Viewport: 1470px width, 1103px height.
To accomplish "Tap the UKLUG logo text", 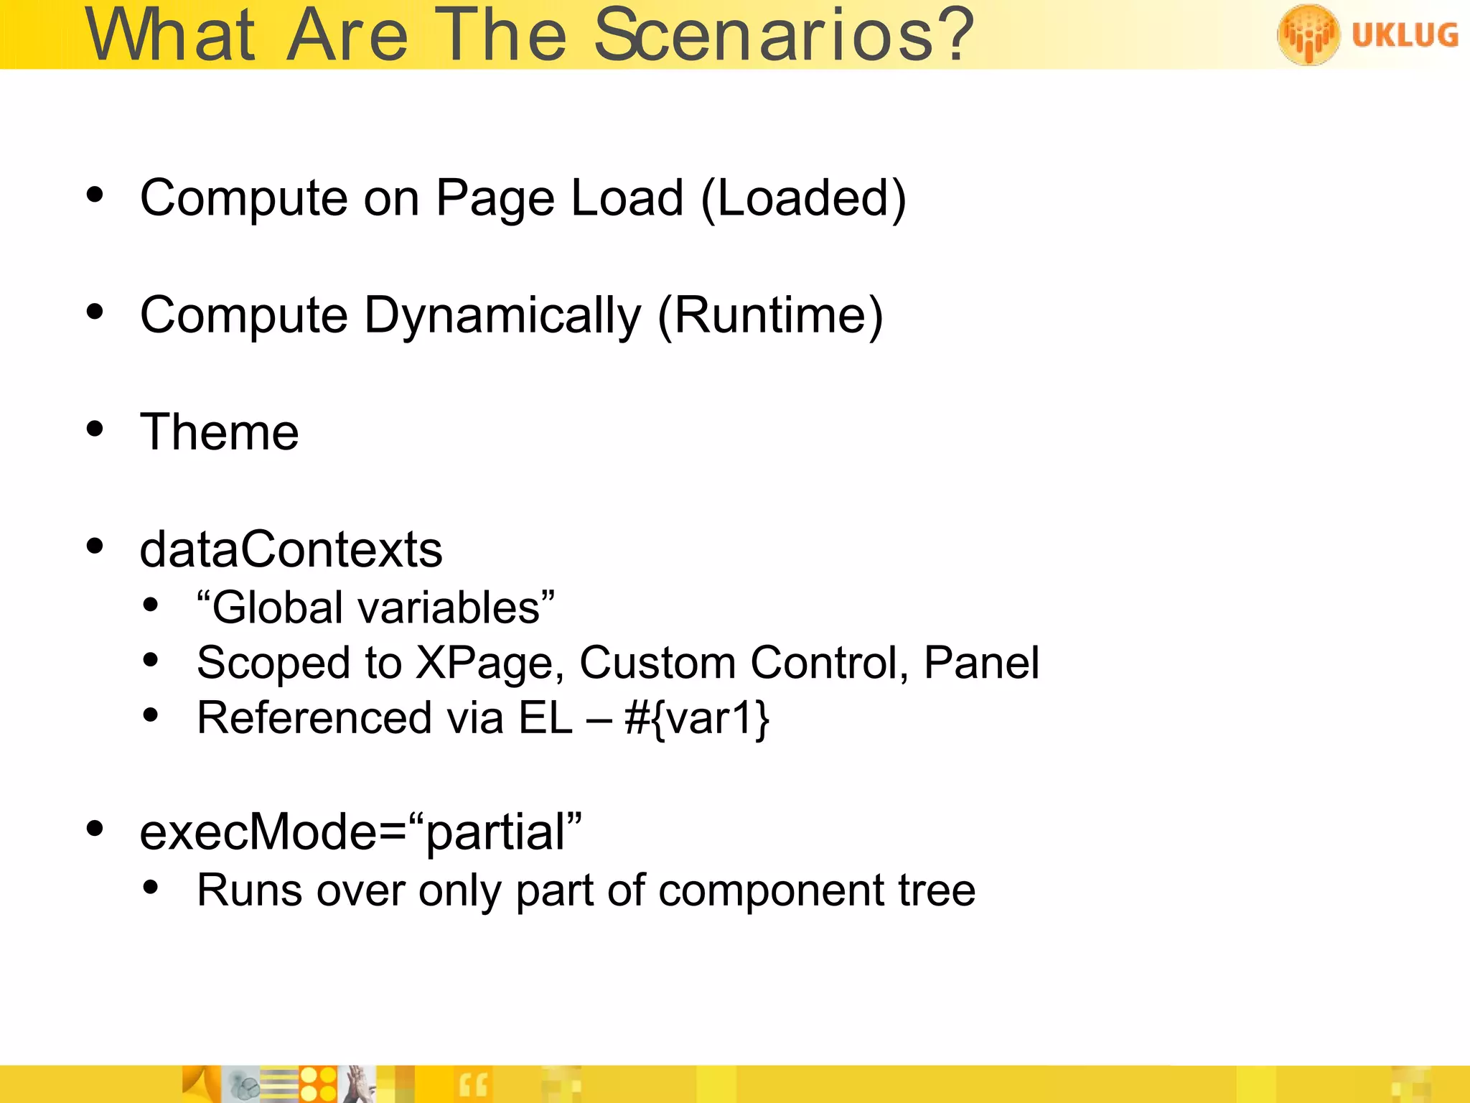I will [1405, 35].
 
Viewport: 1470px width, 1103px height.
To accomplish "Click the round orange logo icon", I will [1308, 34].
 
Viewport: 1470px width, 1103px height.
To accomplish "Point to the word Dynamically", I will [502, 316].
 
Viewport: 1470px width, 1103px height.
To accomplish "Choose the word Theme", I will [219, 432].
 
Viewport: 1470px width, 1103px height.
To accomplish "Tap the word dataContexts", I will [291, 549].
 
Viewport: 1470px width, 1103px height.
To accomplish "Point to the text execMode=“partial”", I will [360, 832].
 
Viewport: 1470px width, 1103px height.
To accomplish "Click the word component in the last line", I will [771, 890].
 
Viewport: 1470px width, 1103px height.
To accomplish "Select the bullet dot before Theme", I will [95, 429].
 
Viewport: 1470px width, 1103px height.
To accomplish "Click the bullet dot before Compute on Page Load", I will [95, 195].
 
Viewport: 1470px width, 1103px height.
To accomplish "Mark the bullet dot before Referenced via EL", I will [150, 715].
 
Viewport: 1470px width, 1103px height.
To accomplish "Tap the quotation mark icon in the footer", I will [472, 1085].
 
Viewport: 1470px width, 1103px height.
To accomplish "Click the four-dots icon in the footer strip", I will [318, 1084].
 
